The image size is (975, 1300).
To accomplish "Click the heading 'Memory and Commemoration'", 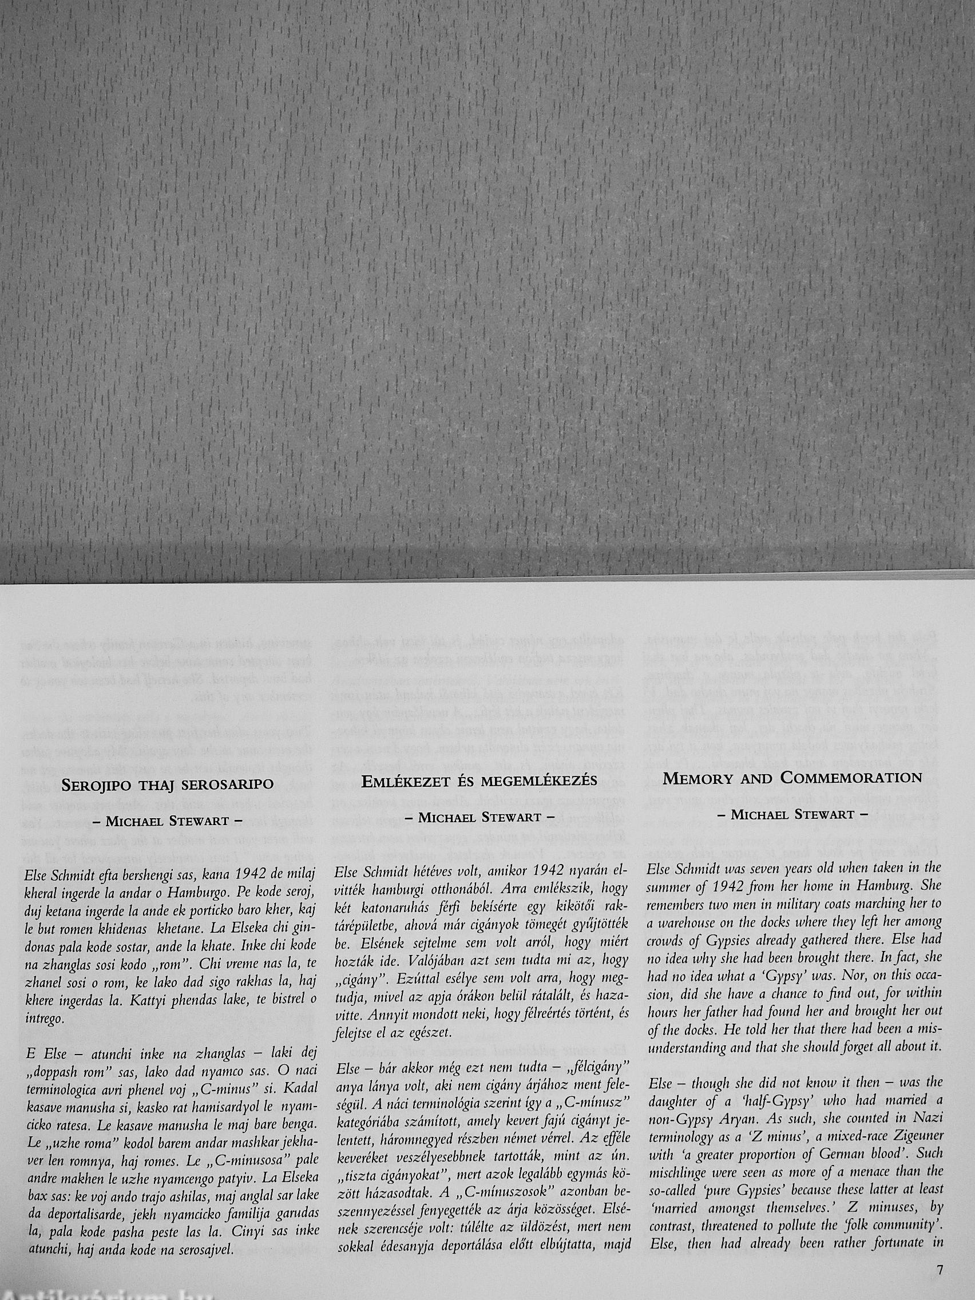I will pyautogui.click(x=792, y=778).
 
